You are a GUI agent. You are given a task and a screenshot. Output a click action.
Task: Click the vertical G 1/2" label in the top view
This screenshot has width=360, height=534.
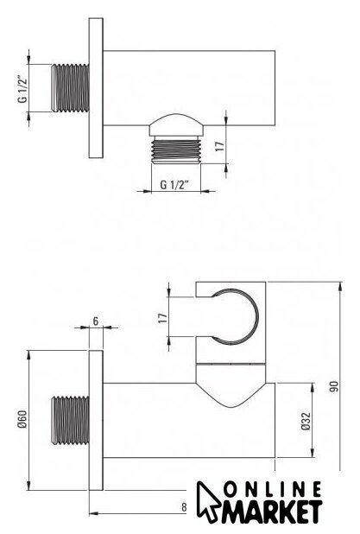coord(22,88)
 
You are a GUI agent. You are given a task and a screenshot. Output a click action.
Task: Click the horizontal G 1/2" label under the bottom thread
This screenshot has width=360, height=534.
coord(174,185)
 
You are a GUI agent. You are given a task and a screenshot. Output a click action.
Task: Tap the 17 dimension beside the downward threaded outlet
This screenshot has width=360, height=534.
coord(220,146)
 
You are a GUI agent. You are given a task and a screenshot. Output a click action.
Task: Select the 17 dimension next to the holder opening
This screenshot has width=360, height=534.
coord(163,318)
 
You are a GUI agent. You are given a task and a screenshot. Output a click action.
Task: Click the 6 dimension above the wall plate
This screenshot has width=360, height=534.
coord(96,321)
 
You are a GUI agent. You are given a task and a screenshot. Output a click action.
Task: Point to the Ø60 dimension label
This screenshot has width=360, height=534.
coord(22,419)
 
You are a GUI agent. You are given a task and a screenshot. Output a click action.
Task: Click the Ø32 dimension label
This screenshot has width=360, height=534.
coord(306,421)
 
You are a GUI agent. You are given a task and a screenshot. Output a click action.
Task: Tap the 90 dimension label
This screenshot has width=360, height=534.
coord(334,386)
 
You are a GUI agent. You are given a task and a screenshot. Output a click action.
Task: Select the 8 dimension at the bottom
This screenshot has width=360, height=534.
coord(184,507)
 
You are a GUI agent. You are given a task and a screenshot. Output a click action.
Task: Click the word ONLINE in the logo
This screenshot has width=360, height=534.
coord(273,490)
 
